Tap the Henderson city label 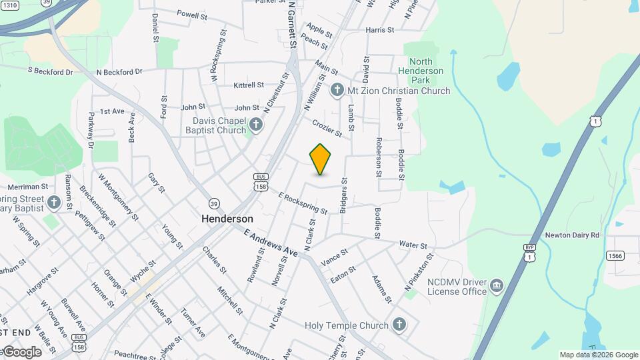(x=227, y=219)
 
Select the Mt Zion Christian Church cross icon (x=338, y=89)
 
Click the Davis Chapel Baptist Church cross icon (x=255, y=124)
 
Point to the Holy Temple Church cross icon (x=399, y=325)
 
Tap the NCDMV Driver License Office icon (x=497, y=287)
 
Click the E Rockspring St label (x=303, y=203)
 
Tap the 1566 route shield (x=614, y=256)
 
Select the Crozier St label (x=327, y=128)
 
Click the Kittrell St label (x=249, y=85)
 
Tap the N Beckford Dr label (x=119, y=71)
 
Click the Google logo (x=21, y=351)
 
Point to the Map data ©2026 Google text (x=599, y=355)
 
